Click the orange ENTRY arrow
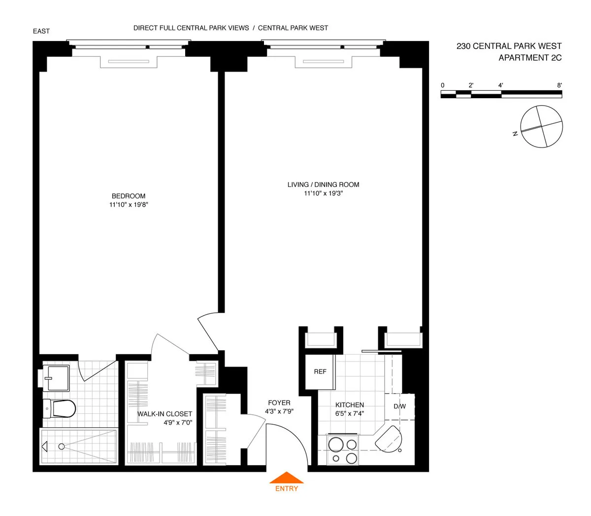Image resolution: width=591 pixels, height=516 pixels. [286, 478]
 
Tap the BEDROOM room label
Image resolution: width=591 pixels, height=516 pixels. [129, 196]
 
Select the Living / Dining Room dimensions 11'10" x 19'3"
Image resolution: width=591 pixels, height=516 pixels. [323, 193]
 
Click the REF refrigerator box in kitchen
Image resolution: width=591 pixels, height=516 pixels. [320, 371]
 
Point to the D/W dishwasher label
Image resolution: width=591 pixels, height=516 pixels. [399, 406]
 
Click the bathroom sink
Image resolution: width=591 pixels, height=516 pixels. [56, 378]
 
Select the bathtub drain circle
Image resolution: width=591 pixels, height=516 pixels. [62, 446]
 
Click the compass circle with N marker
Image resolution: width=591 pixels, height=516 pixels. [541, 126]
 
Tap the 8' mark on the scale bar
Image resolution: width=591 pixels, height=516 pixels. [559, 85]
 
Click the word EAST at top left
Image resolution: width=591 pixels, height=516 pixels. [41, 31]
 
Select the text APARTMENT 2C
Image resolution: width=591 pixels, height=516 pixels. [530, 58]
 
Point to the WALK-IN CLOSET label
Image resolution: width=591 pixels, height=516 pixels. [164, 414]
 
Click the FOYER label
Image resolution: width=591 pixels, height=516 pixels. [279, 403]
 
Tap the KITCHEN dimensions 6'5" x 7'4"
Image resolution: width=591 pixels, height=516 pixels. [350, 414]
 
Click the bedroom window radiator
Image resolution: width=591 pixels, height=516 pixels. [129, 62]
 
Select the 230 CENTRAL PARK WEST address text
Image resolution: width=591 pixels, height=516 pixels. [509, 46]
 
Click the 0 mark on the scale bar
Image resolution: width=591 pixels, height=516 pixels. [442, 85]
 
